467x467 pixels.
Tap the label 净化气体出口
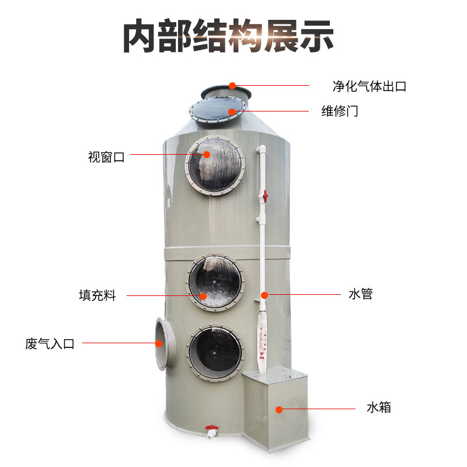[x=370, y=86]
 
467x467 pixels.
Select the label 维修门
[x=340, y=111]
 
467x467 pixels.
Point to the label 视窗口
[x=106, y=156]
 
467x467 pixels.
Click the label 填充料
[x=97, y=295]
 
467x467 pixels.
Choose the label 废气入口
[x=50, y=344]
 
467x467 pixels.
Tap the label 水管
[x=360, y=294]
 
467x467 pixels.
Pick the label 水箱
[x=379, y=407]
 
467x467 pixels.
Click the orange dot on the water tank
[x=279, y=409]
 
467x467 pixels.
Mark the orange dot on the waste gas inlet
[x=159, y=343]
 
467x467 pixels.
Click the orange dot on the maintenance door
[x=232, y=111]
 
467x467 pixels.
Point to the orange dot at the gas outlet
[x=232, y=86]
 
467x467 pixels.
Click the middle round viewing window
[x=214, y=282]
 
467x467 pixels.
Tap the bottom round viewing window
[x=214, y=353]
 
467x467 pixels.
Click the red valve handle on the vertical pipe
[x=264, y=197]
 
